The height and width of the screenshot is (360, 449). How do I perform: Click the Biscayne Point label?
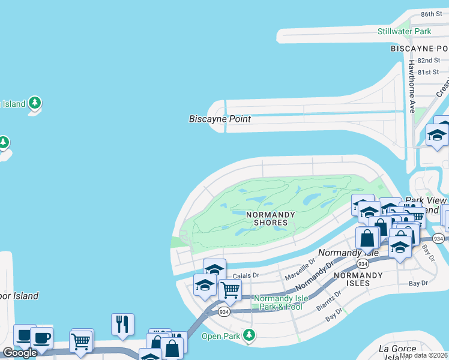coord(220,119)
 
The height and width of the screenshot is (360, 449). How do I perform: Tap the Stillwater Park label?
coord(404,31)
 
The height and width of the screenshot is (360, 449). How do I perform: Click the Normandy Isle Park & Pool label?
coord(277,302)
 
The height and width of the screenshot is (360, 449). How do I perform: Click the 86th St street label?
coord(431,14)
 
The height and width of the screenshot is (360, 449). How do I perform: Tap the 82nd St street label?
coord(429,61)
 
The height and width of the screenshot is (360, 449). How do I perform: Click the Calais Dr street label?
coord(246,275)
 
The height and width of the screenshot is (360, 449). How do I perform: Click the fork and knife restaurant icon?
coord(122,324)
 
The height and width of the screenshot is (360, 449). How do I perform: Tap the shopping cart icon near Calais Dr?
coord(230,290)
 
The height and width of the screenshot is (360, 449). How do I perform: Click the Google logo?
coord(19,353)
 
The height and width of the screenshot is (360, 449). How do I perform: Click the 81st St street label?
coord(429,72)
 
